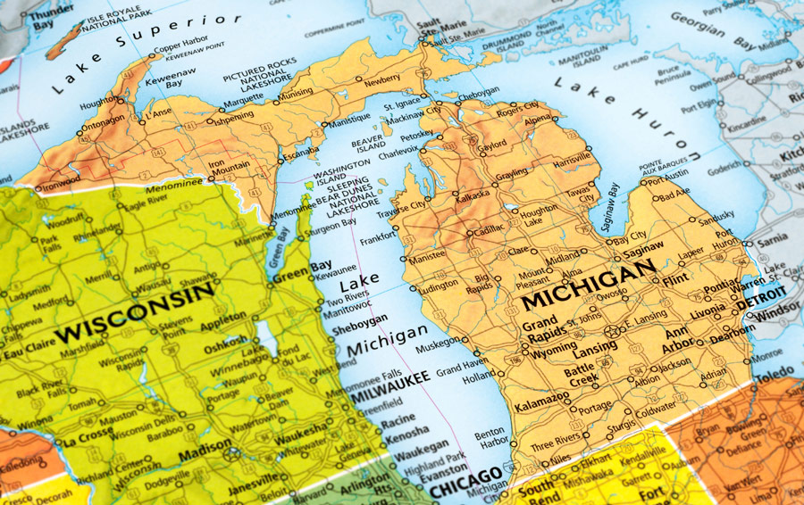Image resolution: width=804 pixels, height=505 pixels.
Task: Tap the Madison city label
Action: tap(204, 454)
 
